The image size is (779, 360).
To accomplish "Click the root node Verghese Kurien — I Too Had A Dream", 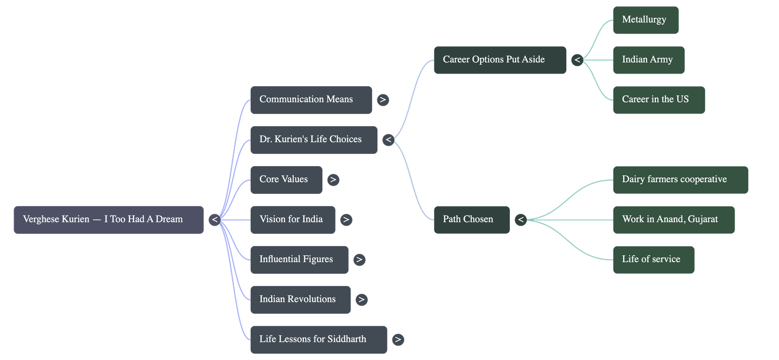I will [109, 220].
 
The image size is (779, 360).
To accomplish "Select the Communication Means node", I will [311, 100].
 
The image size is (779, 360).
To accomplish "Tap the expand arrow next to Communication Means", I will [383, 100].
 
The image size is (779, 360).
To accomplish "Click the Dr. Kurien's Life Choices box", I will [314, 140].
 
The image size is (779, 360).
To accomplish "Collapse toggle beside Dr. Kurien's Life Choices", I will [388, 140].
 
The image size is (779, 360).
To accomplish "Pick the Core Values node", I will [286, 180].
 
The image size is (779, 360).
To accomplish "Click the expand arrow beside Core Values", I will [333, 180].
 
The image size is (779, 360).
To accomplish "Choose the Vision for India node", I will [293, 220].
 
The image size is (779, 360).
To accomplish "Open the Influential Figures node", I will [299, 260].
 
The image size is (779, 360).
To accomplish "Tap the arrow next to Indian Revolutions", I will [361, 300].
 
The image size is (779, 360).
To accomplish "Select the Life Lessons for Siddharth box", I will [318, 340].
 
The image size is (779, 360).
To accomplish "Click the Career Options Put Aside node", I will [500, 60].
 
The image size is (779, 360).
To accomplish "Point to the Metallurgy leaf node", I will [645, 20].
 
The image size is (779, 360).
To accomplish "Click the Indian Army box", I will [649, 60].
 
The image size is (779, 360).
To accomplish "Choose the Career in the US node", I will [659, 100].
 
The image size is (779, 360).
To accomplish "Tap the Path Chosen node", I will [471, 220].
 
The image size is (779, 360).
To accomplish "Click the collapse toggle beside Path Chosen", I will [521, 220].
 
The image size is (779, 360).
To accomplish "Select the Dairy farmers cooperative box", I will [680, 180].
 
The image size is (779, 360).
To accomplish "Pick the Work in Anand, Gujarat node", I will [673, 220].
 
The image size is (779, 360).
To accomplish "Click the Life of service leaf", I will [653, 260].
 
